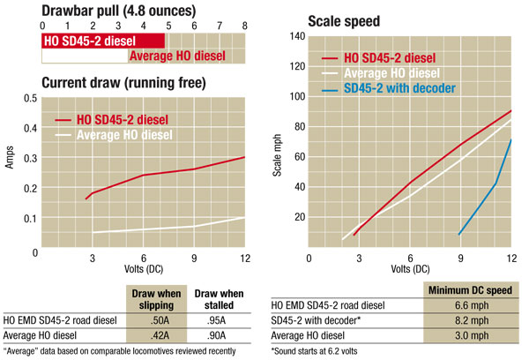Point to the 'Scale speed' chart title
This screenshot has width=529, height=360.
click(344, 19)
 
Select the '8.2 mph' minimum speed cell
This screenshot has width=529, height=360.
click(468, 321)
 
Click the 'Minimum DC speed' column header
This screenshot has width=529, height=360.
click(468, 290)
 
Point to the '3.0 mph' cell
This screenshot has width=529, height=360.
click(468, 336)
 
